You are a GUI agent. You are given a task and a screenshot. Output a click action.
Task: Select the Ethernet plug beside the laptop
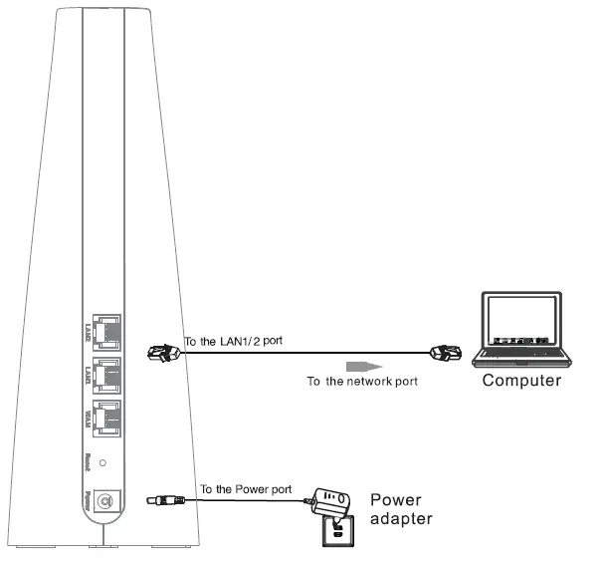pos(443,351)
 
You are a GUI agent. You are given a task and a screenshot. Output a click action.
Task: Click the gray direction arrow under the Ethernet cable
pos(365,365)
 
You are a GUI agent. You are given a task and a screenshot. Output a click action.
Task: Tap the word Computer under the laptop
pos(521,381)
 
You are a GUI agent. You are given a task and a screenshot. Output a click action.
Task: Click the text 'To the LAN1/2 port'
pos(234,341)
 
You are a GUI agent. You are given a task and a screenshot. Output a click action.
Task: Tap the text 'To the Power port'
pos(246,489)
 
